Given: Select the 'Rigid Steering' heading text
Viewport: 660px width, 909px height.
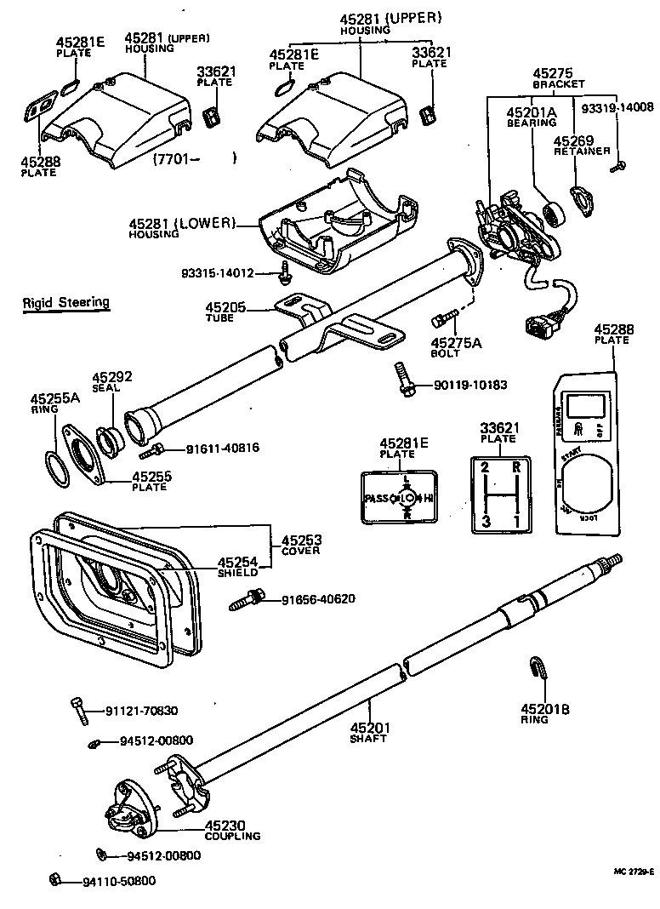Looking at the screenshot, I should [65, 302].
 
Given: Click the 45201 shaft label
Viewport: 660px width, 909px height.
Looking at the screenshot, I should [369, 732].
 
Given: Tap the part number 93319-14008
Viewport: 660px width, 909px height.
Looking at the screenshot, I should [617, 107].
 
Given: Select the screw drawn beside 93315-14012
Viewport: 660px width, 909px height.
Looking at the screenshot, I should [285, 273].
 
